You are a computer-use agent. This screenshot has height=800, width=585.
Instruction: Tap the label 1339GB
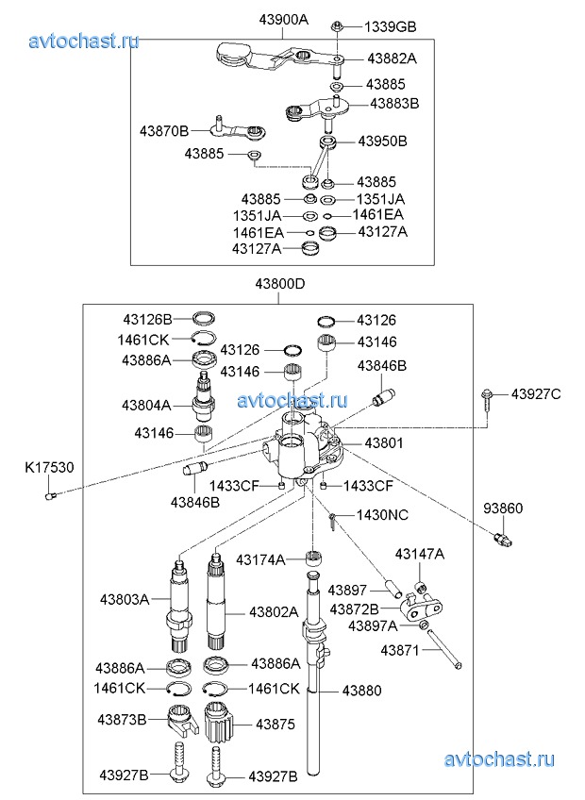[390, 26]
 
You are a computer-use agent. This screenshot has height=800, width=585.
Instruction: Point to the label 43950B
[382, 142]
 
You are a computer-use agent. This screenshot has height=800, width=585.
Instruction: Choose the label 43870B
[164, 129]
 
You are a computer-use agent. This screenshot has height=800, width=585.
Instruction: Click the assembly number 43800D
[279, 284]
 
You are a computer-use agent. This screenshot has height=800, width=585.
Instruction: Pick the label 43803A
[125, 599]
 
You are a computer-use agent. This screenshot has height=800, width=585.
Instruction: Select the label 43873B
[123, 720]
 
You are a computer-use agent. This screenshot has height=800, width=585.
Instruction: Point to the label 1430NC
[382, 515]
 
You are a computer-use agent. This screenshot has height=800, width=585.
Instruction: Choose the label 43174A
[260, 559]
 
